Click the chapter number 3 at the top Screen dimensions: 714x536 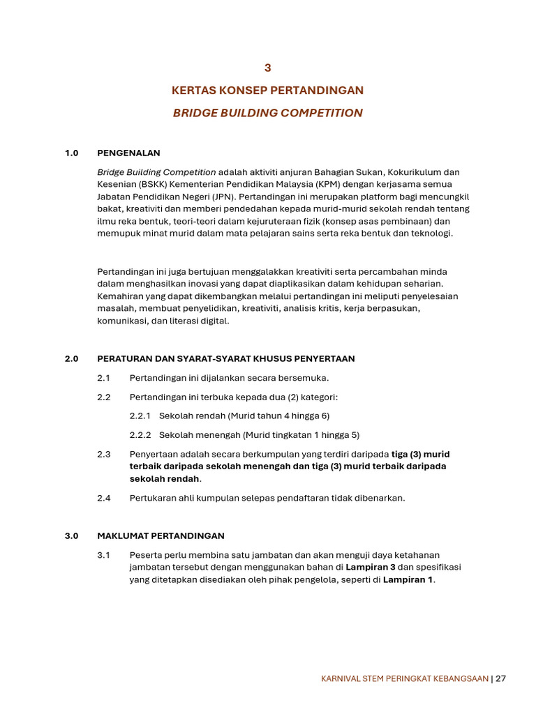point(267,68)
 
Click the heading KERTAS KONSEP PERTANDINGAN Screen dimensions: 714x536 point(267,91)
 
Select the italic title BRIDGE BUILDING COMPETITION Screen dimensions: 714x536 point(267,113)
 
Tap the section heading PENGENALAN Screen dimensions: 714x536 point(128,153)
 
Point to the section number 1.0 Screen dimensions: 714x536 point(72,153)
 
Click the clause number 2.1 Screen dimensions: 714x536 point(104,378)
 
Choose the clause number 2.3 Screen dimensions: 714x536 point(104,454)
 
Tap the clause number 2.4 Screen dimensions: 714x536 point(104,498)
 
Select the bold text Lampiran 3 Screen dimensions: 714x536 point(371,568)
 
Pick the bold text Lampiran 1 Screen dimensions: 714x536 point(408,580)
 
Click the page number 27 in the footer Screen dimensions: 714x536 point(500,678)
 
